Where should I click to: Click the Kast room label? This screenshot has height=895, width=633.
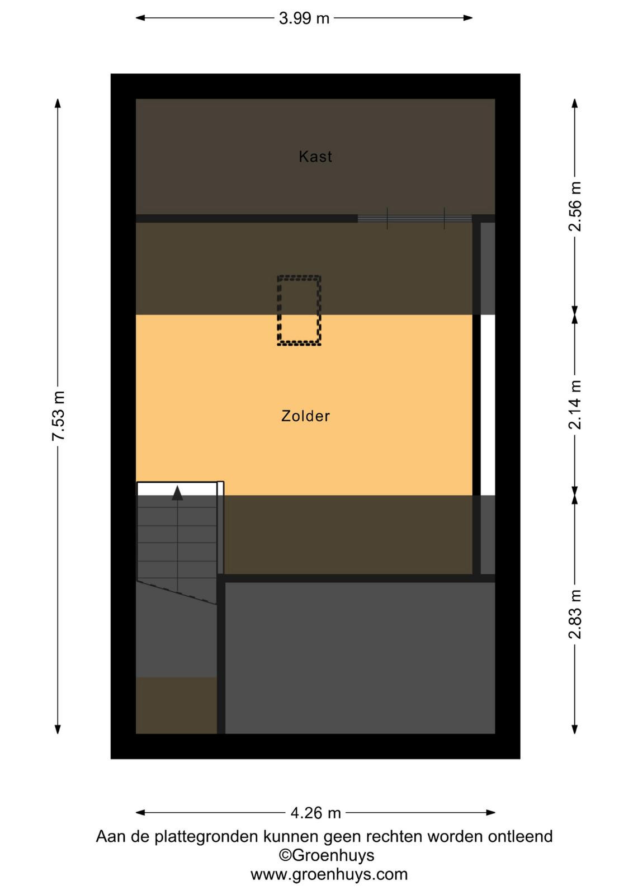(x=315, y=156)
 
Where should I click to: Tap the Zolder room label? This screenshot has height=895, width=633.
(x=305, y=416)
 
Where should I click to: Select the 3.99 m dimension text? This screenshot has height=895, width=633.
(x=304, y=18)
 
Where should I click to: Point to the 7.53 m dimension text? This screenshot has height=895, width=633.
(x=58, y=416)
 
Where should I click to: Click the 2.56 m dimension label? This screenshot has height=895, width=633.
(x=575, y=206)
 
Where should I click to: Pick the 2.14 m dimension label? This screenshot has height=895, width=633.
(x=575, y=404)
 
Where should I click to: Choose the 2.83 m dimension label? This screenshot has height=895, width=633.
(x=575, y=614)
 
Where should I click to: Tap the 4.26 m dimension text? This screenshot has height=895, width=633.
(x=315, y=813)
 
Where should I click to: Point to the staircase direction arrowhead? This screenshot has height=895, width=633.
(x=177, y=493)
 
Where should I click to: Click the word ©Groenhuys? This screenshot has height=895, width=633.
(x=326, y=855)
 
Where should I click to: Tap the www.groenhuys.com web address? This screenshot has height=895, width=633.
(x=329, y=875)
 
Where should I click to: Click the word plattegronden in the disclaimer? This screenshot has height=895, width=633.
(x=206, y=836)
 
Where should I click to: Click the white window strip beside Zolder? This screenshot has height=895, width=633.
(x=488, y=405)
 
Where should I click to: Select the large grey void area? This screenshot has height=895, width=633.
(x=360, y=658)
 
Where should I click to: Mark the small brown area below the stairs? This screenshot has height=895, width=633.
(x=177, y=705)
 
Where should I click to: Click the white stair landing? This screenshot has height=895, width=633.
(x=177, y=489)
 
